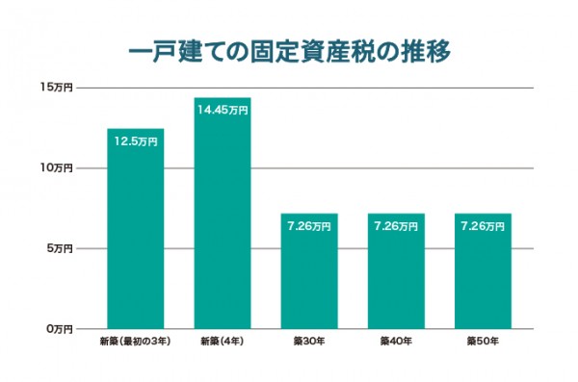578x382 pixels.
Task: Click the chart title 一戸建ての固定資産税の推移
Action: tap(289, 49)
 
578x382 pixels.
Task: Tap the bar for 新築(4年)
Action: tap(222, 221)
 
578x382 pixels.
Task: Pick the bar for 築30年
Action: tap(309, 279)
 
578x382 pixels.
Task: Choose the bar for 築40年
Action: tap(396, 279)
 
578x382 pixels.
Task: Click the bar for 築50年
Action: tap(483, 279)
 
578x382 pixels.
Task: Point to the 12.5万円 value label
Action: tap(136, 141)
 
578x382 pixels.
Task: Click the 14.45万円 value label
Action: tap(223, 111)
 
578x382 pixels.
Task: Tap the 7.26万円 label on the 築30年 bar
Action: tap(309, 227)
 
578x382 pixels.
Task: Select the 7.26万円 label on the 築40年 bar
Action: tap(396, 227)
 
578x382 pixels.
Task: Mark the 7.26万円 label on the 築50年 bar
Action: tap(483, 227)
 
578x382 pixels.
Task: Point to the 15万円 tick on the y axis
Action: tap(57, 89)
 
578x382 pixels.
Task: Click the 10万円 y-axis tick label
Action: tap(57, 168)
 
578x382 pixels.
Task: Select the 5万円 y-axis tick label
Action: tap(59, 248)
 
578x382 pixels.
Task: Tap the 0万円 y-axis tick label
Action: tap(59, 329)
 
